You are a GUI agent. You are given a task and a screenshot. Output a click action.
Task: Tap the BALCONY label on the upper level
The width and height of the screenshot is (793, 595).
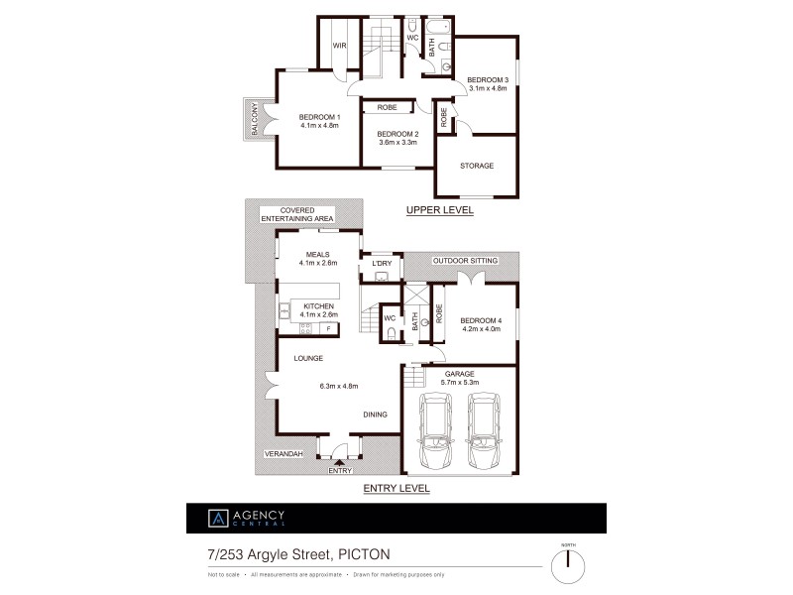pyautogui.click(x=255, y=120)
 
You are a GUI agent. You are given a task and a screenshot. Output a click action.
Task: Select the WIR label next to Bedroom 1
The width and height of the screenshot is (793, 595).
pyautogui.click(x=339, y=46)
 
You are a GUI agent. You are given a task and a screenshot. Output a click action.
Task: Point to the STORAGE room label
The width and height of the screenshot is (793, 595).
pyautogui.click(x=477, y=166)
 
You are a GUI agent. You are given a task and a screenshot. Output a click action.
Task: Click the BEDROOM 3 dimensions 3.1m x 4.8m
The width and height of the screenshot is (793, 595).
pyautogui.click(x=488, y=88)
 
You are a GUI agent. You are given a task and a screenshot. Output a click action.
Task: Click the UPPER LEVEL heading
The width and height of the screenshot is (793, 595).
pyautogui.click(x=439, y=210)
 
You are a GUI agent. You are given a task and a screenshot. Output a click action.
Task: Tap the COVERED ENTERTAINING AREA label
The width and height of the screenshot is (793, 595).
pyautogui.click(x=297, y=214)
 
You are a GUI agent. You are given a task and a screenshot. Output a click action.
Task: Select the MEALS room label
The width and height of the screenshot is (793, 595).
pyautogui.click(x=318, y=254)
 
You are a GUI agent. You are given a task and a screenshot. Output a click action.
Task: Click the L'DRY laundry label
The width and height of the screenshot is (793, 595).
pyautogui.click(x=383, y=264)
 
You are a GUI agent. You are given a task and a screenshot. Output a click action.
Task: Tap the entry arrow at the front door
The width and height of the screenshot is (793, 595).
pyautogui.click(x=340, y=461)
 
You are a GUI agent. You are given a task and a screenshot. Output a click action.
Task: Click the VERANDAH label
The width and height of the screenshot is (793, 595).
pyautogui.click(x=283, y=452)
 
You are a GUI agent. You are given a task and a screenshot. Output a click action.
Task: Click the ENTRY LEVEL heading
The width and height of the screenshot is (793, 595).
pyautogui.click(x=396, y=488)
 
